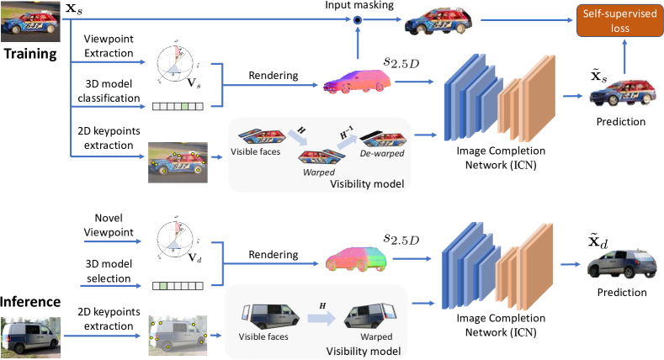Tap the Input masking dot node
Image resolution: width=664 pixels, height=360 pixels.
tap(356, 19)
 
